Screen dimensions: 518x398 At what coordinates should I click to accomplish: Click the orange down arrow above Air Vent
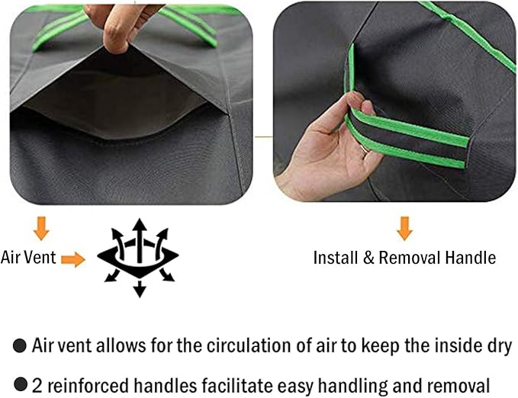(42, 228)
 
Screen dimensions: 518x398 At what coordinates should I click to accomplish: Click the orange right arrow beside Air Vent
(73, 258)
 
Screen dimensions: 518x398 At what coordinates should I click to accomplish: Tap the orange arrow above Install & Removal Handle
(404, 228)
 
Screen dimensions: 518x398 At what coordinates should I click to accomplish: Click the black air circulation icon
(139, 258)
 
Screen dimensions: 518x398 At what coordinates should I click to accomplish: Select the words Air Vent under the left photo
(28, 258)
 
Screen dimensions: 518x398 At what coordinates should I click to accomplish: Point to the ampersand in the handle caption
(368, 258)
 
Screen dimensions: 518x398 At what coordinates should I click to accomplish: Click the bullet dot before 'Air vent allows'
(20, 346)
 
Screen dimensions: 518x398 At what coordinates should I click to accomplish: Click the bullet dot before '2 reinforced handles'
(21, 385)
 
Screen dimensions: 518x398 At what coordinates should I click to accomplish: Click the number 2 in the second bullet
(37, 386)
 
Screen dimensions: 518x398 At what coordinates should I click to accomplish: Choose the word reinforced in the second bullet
(88, 385)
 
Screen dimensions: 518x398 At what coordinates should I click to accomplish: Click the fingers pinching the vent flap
(114, 28)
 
